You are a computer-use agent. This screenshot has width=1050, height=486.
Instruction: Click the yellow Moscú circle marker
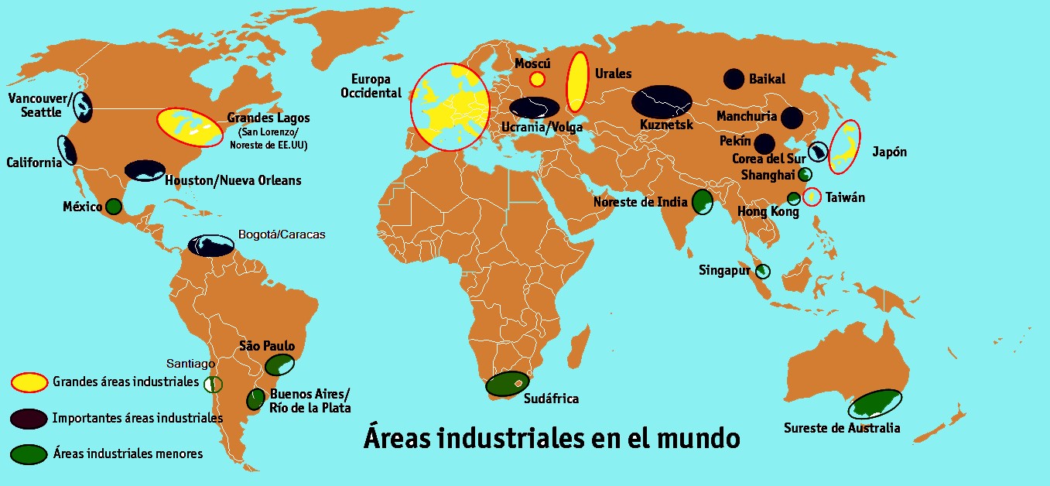(537, 79)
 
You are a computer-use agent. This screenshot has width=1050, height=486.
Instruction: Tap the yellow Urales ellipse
(577, 82)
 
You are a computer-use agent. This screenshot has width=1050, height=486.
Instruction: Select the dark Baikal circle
(734, 78)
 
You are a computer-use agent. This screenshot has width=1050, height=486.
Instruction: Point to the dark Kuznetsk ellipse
(662, 101)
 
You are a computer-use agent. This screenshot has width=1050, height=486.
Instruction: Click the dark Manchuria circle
(792, 118)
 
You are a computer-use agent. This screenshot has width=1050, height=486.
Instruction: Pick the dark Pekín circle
(765, 144)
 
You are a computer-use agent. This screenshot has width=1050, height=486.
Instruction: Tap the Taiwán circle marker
(812, 197)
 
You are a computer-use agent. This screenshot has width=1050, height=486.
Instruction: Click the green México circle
(114, 207)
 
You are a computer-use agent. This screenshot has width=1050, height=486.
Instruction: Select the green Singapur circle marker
(763, 271)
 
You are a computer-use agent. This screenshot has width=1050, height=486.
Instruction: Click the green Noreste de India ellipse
(703, 202)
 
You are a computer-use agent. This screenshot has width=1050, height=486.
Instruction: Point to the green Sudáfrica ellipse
(508, 383)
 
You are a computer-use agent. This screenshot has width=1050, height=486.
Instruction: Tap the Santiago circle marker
(213, 383)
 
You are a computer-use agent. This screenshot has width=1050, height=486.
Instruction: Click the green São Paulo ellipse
(279, 364)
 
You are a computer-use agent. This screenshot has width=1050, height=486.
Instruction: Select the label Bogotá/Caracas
(282, 234)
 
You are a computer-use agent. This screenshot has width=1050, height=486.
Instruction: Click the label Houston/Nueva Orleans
(234, 180)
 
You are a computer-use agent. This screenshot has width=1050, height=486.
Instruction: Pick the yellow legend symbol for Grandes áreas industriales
(29, 382)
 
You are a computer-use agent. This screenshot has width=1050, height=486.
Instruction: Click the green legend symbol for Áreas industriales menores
(29, 453)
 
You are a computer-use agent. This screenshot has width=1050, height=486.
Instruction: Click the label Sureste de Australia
(842, 428)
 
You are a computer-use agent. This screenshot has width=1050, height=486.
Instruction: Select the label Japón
(888, 152)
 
